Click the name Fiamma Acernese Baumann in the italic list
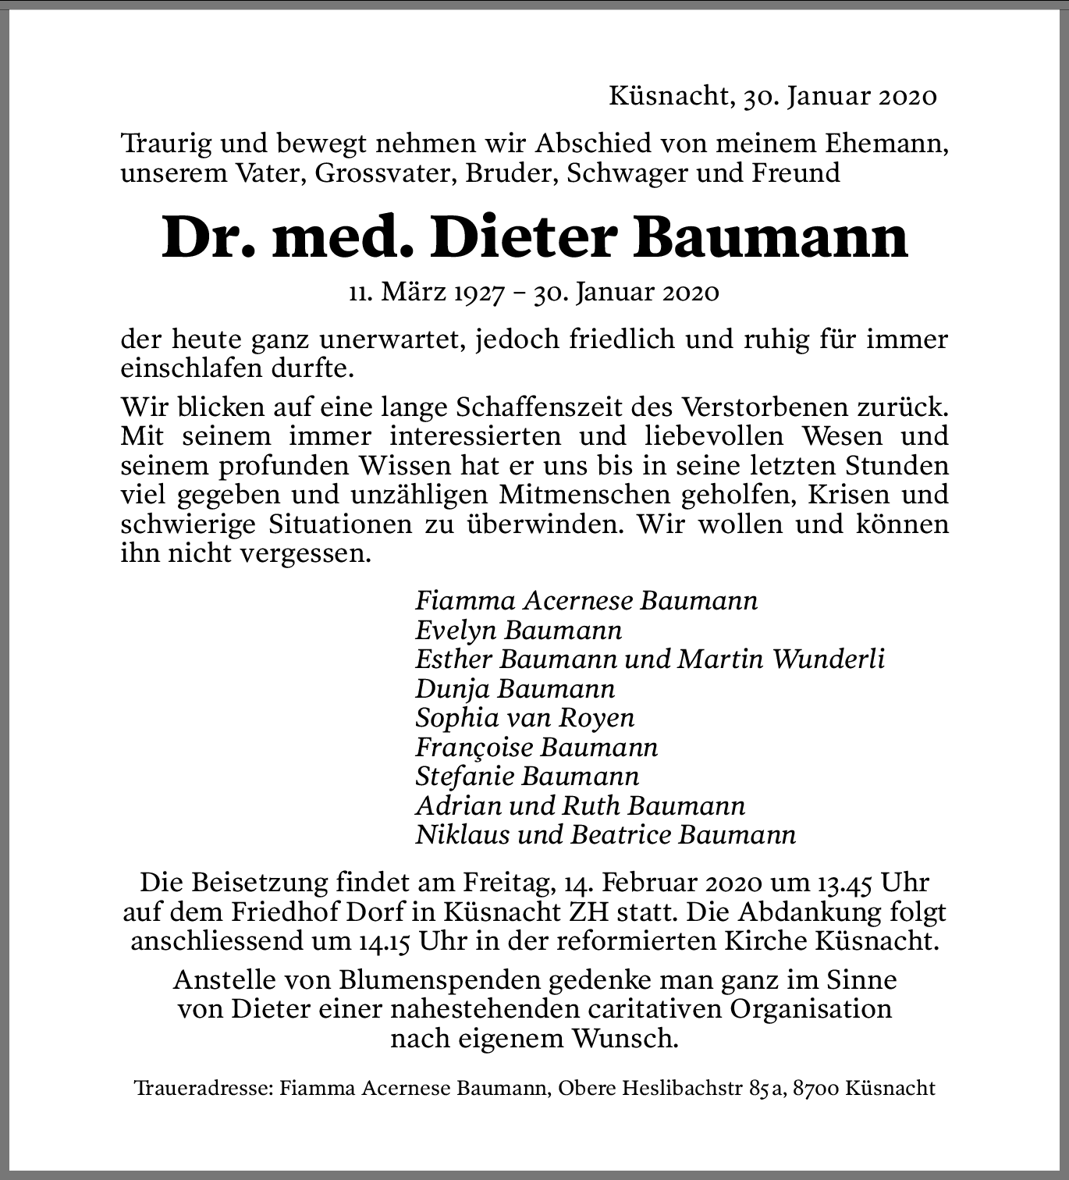point(586,601)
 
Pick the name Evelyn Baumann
point(518,630)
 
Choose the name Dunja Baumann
point(515,689)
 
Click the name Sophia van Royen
point(524,718)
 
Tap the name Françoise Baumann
point(536,748)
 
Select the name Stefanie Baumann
point(527,777)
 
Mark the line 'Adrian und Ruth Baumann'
point(580,806)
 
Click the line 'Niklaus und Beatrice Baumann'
point(606,835)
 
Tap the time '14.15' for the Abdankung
point(385,941)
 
